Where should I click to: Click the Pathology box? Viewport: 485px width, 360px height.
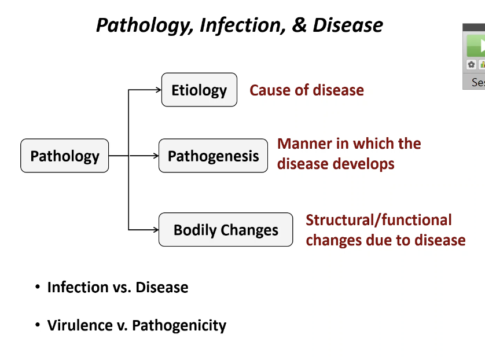64,156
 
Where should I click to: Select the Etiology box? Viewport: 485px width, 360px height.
199,90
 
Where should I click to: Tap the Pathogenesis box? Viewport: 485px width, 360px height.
213,156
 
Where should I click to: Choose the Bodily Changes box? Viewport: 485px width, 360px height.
226,230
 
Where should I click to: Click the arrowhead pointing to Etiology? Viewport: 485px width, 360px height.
158,90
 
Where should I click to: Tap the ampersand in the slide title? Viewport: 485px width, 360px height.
299,25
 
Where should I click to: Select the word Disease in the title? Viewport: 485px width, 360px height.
348,25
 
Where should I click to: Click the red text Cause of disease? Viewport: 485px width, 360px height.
307,90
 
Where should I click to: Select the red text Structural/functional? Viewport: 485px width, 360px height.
379,220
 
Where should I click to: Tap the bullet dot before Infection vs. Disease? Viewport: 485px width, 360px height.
38,287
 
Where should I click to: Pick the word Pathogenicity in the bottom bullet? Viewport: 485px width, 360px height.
179,326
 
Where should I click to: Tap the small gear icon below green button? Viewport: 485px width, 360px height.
471,65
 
